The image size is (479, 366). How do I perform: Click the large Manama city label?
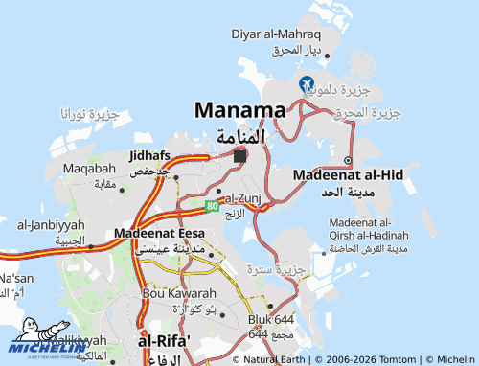tap(239, 109)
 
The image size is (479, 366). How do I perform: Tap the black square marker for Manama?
tap(239, 155)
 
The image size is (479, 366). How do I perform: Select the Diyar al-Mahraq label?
tap(276, 34)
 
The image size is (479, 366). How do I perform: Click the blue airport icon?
tap(306, 83)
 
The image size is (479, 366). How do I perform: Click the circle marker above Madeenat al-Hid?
tap(348, 160)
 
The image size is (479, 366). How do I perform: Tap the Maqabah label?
tap(89, 169)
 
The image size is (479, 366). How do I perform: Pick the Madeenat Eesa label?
tap(158, 233)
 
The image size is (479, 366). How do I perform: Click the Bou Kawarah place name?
tap(173, 292)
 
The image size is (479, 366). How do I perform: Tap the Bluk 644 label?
tap(271, 319)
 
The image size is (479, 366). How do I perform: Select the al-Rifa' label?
tap(164, 341)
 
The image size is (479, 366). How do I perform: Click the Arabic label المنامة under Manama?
tap(239, 135)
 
